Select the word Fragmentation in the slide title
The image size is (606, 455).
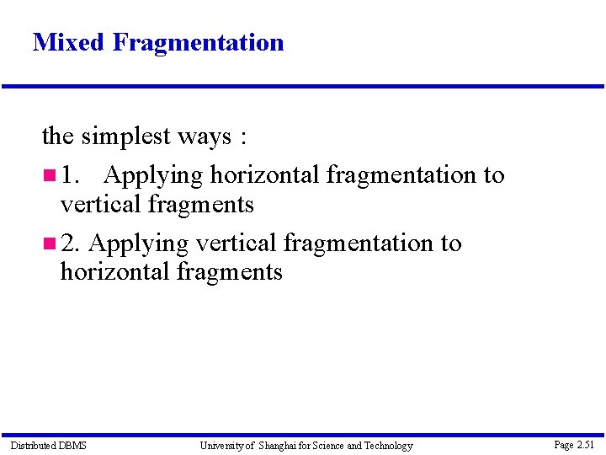[198, 42]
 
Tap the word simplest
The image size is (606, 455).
[125, 136]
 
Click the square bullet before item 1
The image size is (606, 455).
[49, 175]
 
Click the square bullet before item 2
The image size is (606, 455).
[49, 244]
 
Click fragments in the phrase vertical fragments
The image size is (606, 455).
[201, 204]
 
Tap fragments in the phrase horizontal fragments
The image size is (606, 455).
[230, 272]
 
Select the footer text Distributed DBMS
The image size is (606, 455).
[48, 445]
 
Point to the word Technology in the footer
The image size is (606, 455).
[388, 445]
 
